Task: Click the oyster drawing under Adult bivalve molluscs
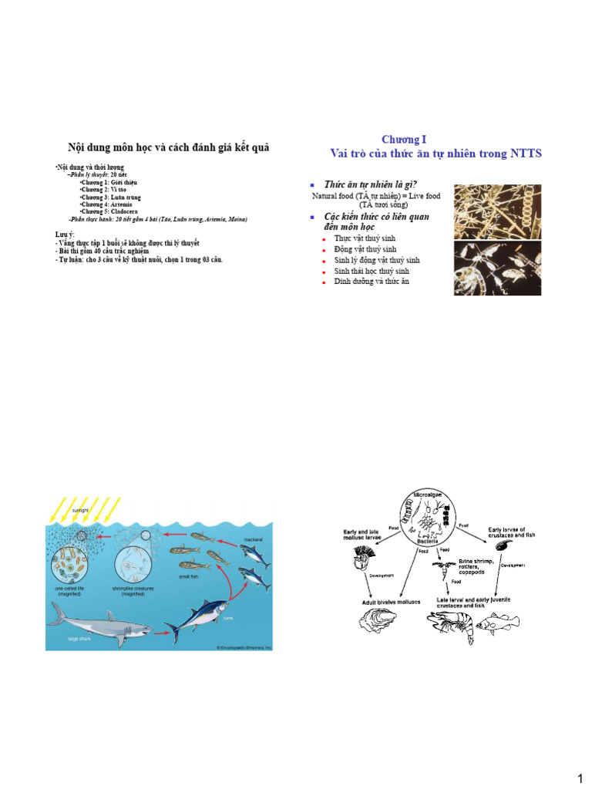coord(379,620)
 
